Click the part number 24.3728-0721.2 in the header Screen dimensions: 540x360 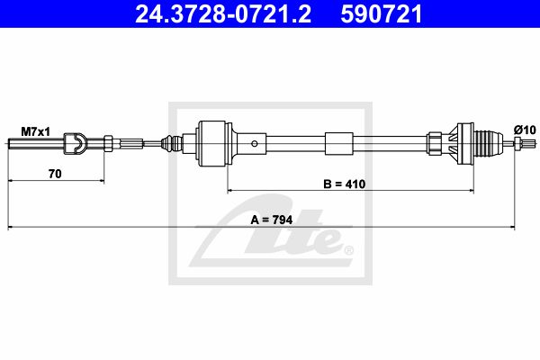[223, 13]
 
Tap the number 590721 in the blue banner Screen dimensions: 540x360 [382, 13]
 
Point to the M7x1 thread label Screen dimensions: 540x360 [35, 131]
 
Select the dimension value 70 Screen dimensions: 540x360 [55, 174]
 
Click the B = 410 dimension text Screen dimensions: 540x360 [345, 184]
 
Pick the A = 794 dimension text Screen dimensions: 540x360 [272, 220]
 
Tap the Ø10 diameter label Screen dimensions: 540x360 [525, 130]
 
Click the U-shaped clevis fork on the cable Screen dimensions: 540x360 [75, 142]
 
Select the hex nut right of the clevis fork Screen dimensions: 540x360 [108, 142]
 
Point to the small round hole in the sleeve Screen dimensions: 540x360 [254, 144]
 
